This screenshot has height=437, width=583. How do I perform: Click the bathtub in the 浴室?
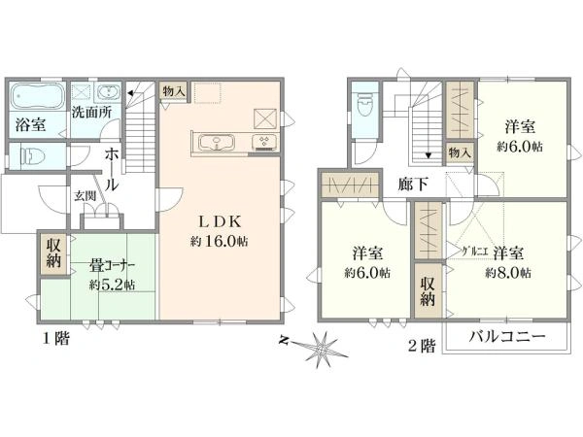38,98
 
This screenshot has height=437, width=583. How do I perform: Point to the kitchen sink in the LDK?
217,143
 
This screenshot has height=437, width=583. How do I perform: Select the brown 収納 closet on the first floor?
51,252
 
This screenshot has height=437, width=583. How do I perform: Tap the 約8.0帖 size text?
508,272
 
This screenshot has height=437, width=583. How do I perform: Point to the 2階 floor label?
421,345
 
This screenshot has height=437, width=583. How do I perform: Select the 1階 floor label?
54,339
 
